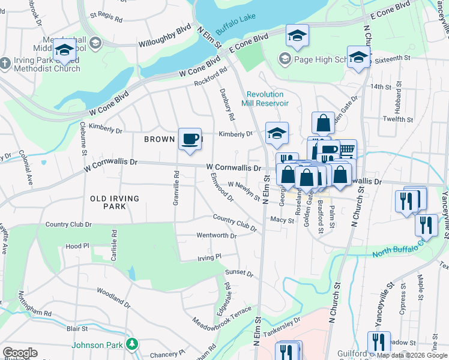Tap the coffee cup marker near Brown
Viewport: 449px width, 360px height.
(x=190, y=139)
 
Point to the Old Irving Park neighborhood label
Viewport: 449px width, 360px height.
(x=115, y=202)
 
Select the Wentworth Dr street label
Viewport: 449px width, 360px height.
(x=216, y=236)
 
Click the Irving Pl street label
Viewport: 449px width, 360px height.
(x=210, y=257)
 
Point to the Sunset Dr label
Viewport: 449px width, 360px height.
(x=239, y=273)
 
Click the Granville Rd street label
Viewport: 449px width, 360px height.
(x=176, y=189)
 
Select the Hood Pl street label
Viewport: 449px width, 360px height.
(x=77, y=246)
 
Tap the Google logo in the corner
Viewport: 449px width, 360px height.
(x=20, y=353)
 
